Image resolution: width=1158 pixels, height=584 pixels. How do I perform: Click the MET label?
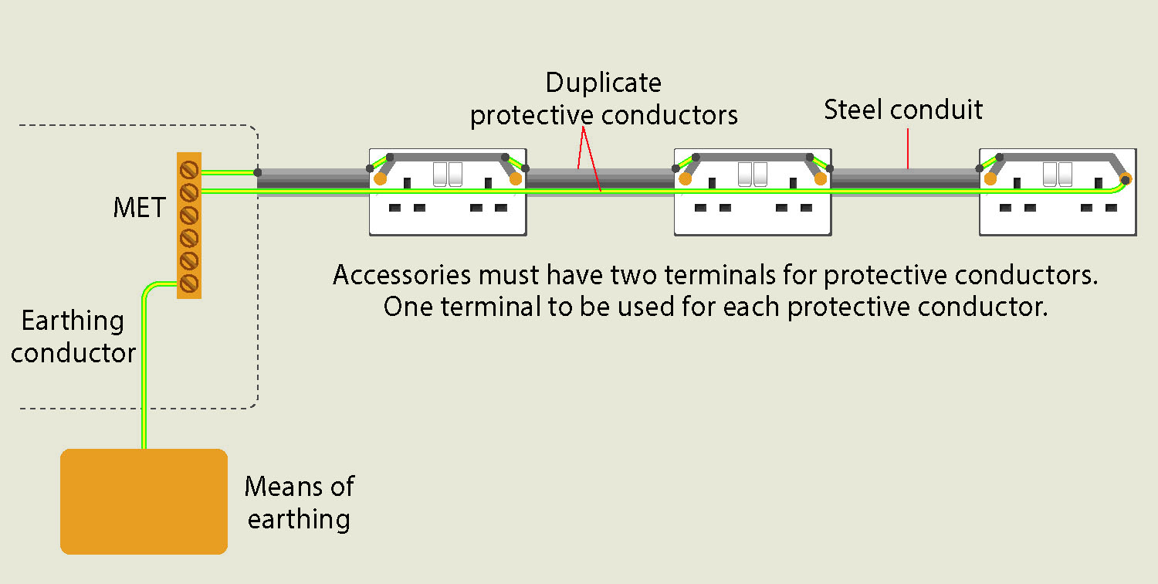pyautogui.click(x=139, y=208)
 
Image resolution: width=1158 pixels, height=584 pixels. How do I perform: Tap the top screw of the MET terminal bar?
pyautogui.click(x=188, y=170)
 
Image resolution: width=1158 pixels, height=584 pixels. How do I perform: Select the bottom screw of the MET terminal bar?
pyautogui.click(x=188, y=284)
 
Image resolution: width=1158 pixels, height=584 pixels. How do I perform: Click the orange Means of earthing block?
pyautogui.click(x=144, y=501)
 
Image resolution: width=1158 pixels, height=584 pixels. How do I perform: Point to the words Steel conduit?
pyautogui.click(x=903, y=110)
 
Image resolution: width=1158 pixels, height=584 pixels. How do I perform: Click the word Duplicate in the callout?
pyautogui.click(x=603, y=83)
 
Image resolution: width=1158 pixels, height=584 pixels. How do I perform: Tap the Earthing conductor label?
pyautogui.click(x=73, y=337)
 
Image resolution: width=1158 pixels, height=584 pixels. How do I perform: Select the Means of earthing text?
pyautogui.click(x=300, y=502)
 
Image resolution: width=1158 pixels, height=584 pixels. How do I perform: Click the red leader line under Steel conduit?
pyautogui.click(x=908, y=148)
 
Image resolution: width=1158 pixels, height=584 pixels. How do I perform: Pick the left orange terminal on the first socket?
pyautogui.click(x=380, y=179)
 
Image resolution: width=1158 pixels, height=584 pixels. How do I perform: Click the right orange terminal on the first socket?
pyautogui.click(x=516, y=179)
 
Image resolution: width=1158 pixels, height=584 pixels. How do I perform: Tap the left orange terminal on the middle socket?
pyautogui.click(x=685, y=179)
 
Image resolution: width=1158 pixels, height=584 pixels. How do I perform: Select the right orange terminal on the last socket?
pyautogui.click(x=1126, y=179)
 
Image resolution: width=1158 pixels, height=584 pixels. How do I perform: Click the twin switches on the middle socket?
pyautogui.click(x=752, y=175)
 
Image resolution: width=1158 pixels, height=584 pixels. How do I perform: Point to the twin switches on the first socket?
pyautogui.click(x=448, y=175)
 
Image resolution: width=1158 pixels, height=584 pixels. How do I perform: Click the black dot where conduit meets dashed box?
pyautogui.click(x=257, y=172)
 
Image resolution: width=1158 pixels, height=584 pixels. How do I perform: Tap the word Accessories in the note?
pyautogui.click(x=401, y=275)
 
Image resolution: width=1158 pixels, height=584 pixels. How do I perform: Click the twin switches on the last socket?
pyautogui.click(x=1057, y=175)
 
